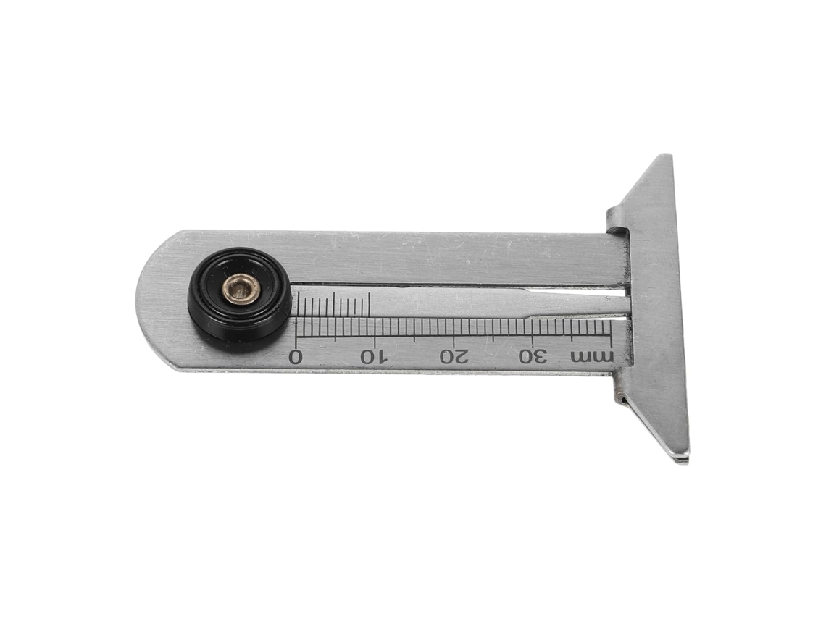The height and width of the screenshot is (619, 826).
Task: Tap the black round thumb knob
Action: coord(240,300)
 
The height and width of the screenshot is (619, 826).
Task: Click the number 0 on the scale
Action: coord(296,356)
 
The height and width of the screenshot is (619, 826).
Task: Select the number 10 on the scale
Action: coord(374,357)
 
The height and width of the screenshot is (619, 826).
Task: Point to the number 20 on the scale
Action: coord(454,357)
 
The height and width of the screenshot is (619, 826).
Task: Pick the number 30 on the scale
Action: coord(533,357)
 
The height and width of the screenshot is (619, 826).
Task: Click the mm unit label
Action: coord(592,356)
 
